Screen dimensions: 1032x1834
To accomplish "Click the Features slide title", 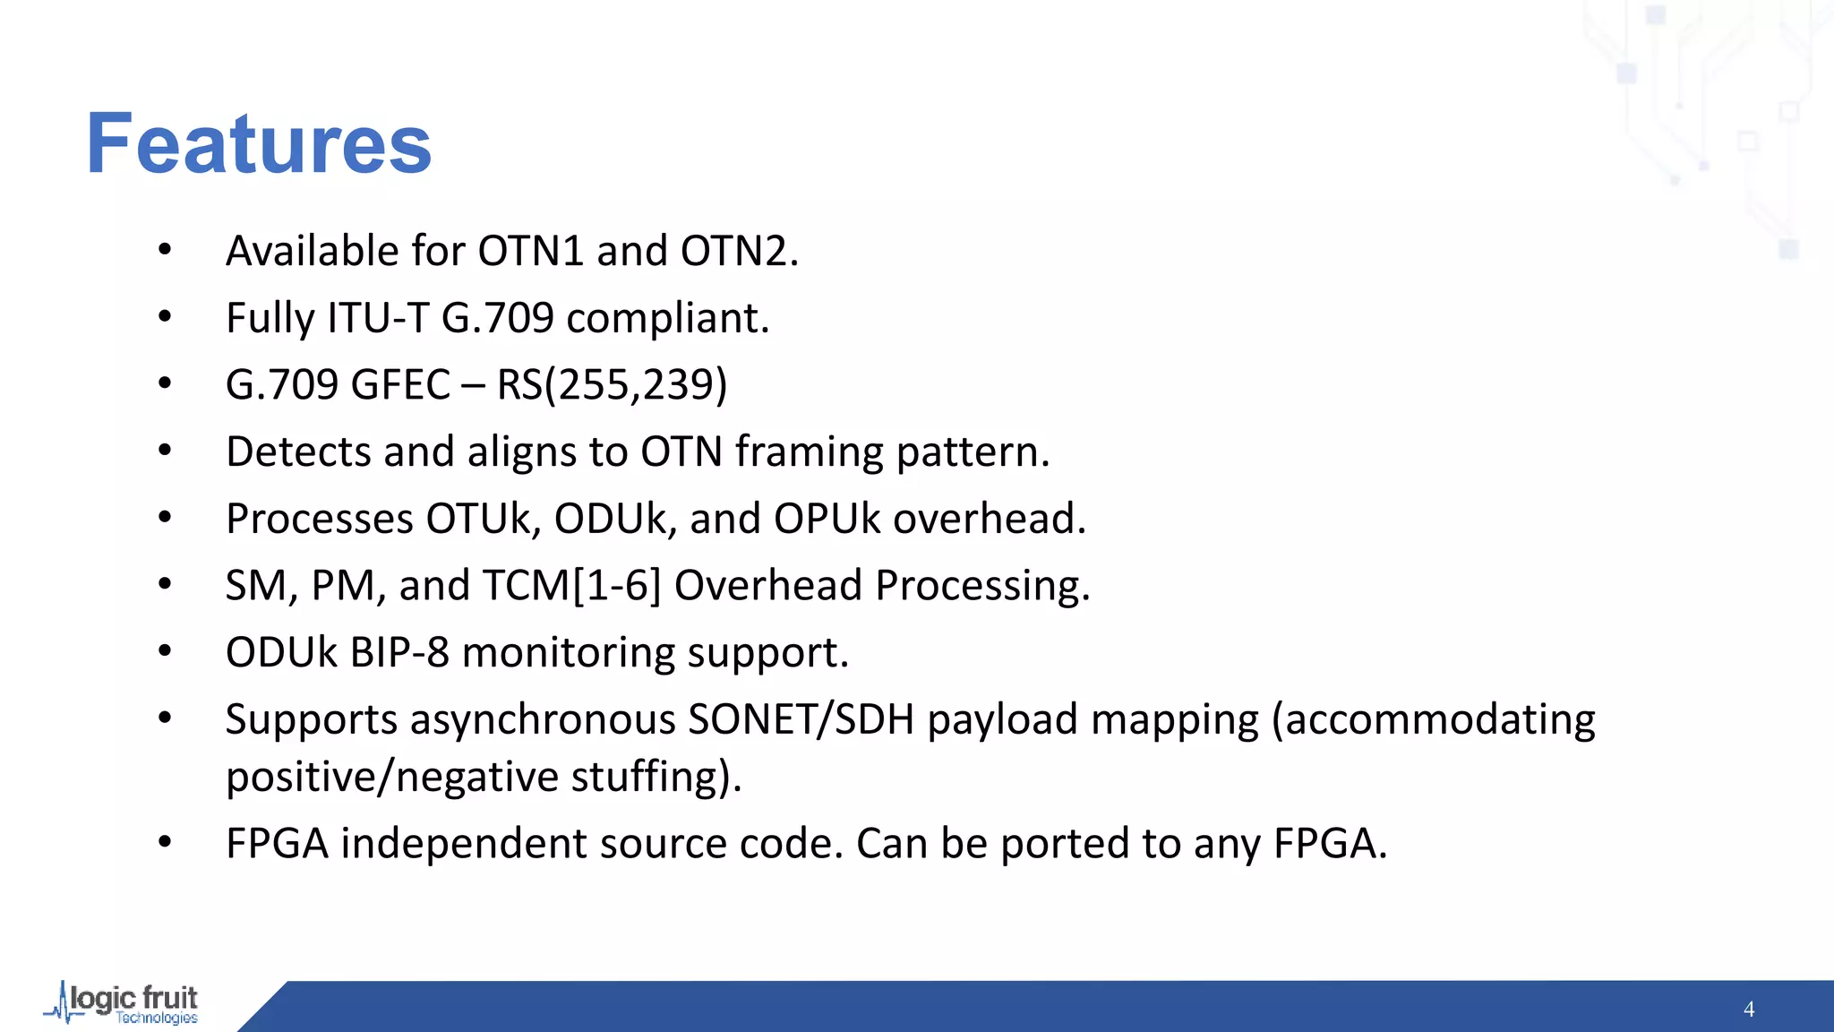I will (x=259, y=144).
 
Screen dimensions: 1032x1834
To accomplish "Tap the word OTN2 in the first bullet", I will (x=739, y=251).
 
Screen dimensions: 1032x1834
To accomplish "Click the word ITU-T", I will (x=378, y=318).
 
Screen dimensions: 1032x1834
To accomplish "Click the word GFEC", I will (x=400, y=385).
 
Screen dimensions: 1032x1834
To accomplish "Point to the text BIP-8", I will (x=399, y=652).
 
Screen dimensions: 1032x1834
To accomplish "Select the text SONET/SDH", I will (x=801, y=719).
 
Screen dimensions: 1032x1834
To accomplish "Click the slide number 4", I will (x=1749, y=1010).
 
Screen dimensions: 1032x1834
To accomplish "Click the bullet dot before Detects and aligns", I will (x=165, y=451).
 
